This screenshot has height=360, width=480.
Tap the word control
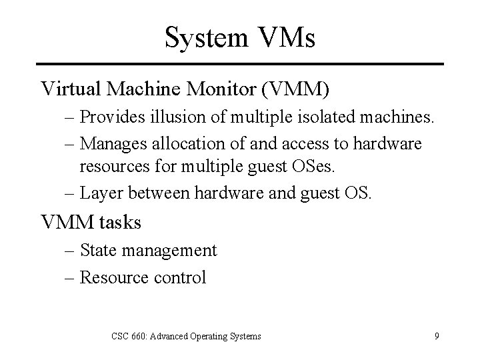click(x=179, y=277)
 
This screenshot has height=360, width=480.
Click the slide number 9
click(x=437, y=336)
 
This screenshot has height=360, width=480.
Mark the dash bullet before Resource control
click(x=71, y=277)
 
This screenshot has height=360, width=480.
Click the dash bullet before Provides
click(x=71, y=118)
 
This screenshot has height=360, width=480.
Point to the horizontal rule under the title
click(x=240, y=64)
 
